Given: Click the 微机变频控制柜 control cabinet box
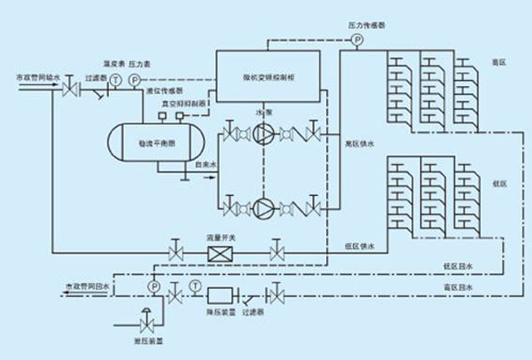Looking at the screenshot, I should pyautogui.click(x=271, y=78).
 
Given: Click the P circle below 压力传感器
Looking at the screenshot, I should pyautogui.click(x=357, y=41).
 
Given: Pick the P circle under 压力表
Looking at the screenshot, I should pyautogui.click(x=135, y=80).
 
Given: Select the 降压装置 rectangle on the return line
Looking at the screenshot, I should pyautogui.click(x=219, y=293).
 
